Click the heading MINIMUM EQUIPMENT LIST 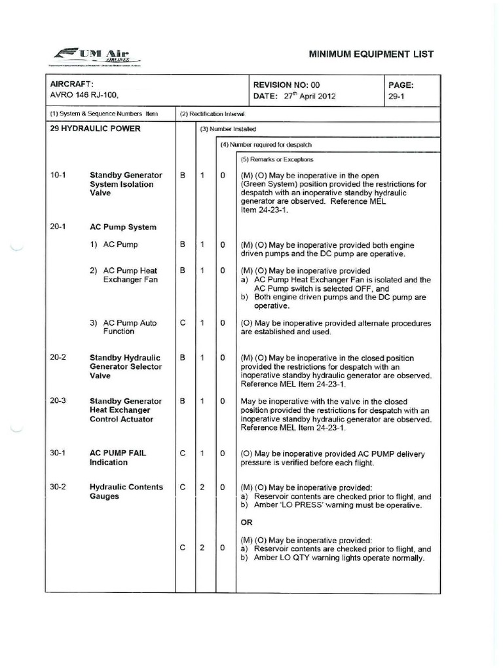[x=371, y=54]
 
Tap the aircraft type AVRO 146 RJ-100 [x=85, y=96]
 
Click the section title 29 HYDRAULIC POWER [x=95, y=128]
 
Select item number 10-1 [x=58, y=176]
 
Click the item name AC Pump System [x=123, y=227]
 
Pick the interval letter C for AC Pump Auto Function [x=183, y=323]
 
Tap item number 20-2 [x=58, y=358]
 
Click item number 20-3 [x=58, y=401]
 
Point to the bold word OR [x=248, y=522]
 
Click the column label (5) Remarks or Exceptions [x=277, y=159]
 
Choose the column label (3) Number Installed [x=228, y=129]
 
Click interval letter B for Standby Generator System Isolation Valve [x=183, y=176]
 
